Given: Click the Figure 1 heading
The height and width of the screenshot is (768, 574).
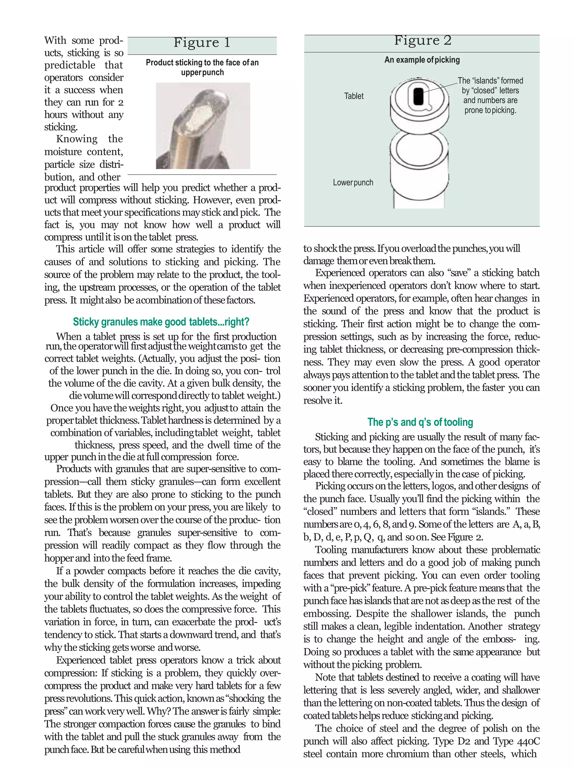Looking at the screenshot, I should (x=202, y=43).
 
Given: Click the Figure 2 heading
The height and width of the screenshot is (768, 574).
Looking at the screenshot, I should (x=422, y=41).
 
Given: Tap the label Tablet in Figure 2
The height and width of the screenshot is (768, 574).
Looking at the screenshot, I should (x=353, y=96).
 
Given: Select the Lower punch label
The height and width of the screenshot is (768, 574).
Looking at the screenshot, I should (x=353, y=183).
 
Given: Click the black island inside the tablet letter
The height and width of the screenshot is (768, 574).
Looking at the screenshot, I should (x=418, y=96).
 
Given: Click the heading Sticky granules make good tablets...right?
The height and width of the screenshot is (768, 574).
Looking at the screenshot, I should (x=161, y=322).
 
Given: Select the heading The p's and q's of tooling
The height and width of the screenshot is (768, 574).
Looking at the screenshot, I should (x=420, y=422).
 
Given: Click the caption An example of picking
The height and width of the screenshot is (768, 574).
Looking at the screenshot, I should (x=422, y=60).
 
